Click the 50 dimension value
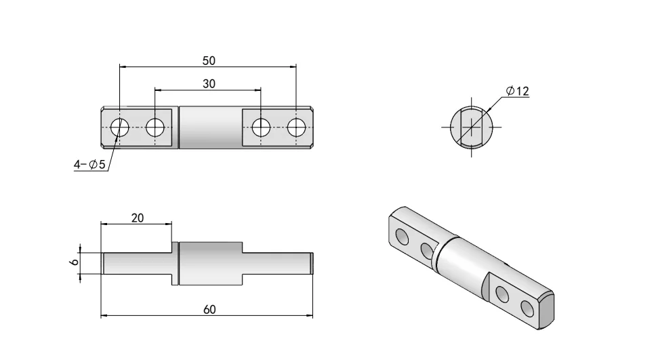pyautogui.click(x=209, y=60)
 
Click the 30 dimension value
pyautogui.click(x=209, y=83)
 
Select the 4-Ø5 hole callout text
pyautogui.click(x=89, y=165)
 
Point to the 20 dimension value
pyautogui.click(x=137, y=218)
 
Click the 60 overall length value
pyautogui.click(x=209, y=310)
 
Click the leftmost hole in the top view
pyautogui.click(x=120, y=127)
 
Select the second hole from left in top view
pyautogui.click(x=155, y=127)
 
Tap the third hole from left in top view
pyautogui.click(x=261, y=127)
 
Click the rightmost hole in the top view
pyautogui.click(x=297, y=127)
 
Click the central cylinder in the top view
pyautogui.click(x=209, y=127)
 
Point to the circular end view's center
pyautogui.click(x=471, y=127)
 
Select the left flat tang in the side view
pyautogui.click(x=136, y=263)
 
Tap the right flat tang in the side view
pyautogui.click(x=278, y=263)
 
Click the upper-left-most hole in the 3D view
pyautogui.click(x=402, y=236)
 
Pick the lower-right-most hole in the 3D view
pyautogui.click(x=527, y=308)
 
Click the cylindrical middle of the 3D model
pyautogui.click(x=461, y=261)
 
